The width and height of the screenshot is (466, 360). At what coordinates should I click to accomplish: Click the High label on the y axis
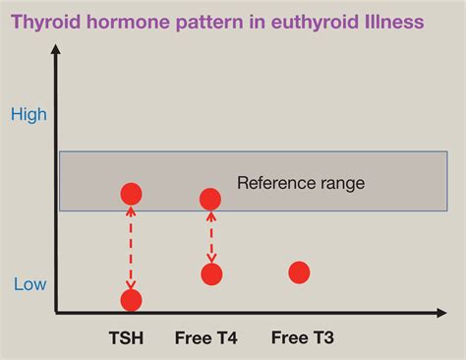(x=29, y=115)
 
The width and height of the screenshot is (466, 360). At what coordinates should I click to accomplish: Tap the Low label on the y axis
(x=29, y=285)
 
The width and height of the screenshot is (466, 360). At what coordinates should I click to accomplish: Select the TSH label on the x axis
(x=126, y=339)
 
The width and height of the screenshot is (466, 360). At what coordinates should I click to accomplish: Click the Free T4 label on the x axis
(x=206, y=339)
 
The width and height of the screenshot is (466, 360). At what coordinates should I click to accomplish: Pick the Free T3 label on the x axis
(x=302, y=339)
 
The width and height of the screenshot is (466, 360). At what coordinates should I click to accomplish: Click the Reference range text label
(x=301, y=183)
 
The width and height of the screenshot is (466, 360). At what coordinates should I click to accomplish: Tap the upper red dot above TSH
(x=131, y=194)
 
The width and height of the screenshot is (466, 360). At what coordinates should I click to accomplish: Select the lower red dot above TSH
(x=131, y=300)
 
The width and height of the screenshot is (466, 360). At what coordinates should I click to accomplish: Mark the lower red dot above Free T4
(x=211, y=274)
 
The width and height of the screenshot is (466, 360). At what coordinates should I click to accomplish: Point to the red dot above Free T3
(x=299, y=272)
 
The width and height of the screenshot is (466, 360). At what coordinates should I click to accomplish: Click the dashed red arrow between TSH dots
(x=131, y=247)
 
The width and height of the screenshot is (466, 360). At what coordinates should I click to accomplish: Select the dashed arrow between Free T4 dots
(x=211, y=237)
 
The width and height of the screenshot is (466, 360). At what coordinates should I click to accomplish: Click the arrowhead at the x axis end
(x=444, y=313)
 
